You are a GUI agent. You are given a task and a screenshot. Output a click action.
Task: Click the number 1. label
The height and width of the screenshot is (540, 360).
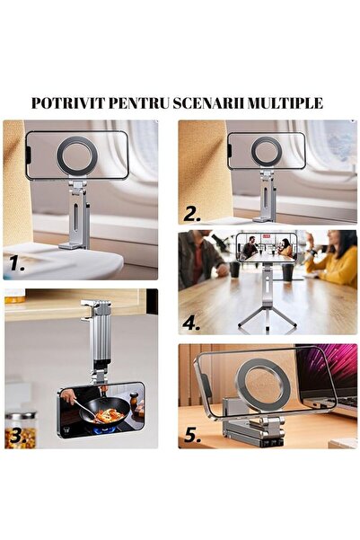[17, 264]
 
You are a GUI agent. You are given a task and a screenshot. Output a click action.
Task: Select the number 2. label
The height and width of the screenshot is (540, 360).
[192, 214]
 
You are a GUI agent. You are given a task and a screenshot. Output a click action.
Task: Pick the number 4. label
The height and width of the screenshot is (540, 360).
[191, 321]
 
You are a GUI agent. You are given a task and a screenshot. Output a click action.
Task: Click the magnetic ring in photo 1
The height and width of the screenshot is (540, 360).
[78, 155]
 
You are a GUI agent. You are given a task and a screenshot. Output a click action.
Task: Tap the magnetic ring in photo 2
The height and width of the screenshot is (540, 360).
[266, 151]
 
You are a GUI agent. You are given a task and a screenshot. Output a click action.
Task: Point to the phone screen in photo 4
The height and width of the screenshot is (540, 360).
[266, 247]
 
